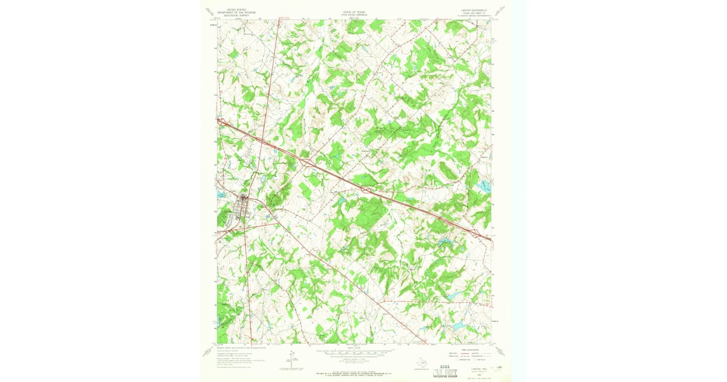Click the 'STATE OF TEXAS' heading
(355, 10)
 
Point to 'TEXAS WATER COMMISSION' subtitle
(355, 13)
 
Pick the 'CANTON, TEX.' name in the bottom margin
(473, 367)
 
